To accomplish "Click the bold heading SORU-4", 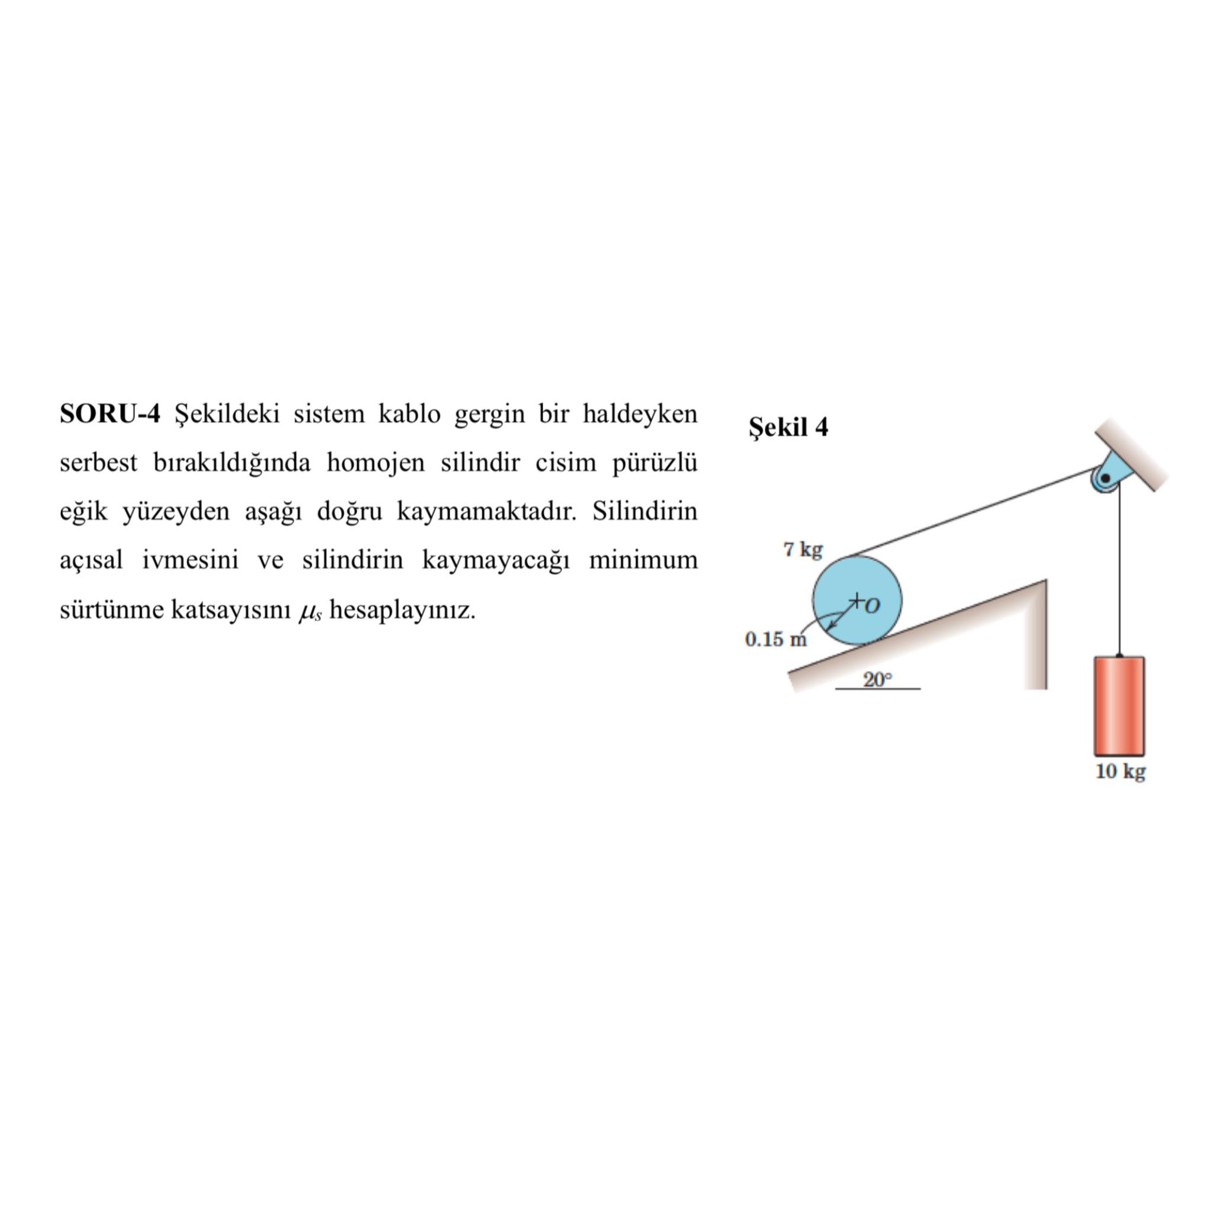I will tap(110, 415).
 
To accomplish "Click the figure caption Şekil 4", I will tap(788, 428).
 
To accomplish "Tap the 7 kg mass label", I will tap(803, 550).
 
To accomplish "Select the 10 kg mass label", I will tap(1120, 771).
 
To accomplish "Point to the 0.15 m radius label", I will tap(775, 639).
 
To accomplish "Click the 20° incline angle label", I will tap(877, 679).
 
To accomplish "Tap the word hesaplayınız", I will tap(402, 609).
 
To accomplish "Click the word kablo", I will tap(409, 415).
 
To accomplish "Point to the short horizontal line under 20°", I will tap(877, 689).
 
